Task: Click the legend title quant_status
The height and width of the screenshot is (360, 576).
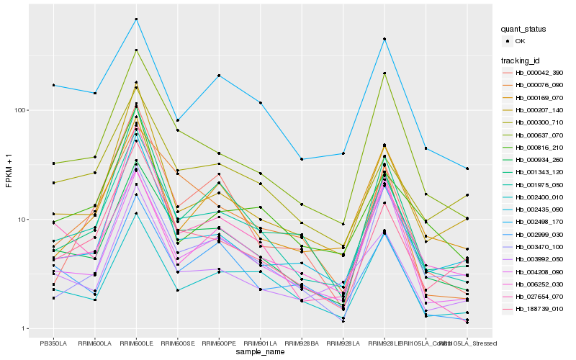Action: (525, 29)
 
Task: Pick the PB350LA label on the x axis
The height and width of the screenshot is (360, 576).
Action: (53, 343)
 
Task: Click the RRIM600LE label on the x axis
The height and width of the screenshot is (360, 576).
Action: (136, 343)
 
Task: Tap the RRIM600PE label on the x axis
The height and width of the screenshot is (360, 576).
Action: (219, 343)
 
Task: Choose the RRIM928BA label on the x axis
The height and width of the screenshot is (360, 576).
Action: (302, 343)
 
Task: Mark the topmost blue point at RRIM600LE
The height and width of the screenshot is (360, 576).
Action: (136, 19)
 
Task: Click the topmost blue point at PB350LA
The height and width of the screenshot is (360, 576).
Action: (53, 85)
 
